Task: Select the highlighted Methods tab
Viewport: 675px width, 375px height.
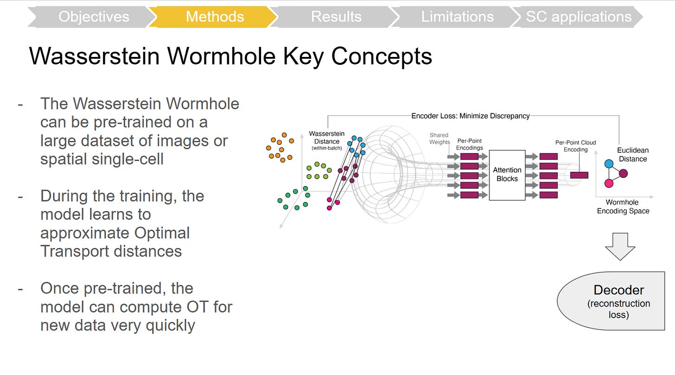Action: (215, 17)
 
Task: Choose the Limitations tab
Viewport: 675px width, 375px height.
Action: (457, 17)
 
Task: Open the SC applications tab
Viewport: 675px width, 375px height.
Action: (579, 17)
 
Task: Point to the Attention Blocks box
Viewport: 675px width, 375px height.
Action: (507, 175)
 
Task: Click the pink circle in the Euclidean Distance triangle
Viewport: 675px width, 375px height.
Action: (609, 183)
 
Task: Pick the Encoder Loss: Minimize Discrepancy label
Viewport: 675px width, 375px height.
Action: (470, 116)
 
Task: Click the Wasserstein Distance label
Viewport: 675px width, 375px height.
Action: (327, 138)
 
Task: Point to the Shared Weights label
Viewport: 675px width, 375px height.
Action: (439, 138)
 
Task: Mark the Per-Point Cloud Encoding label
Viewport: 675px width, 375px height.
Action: (575, 146)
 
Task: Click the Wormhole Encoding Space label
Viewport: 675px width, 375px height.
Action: (623, 206)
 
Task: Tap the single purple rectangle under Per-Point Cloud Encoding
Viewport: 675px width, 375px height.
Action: (579, 175)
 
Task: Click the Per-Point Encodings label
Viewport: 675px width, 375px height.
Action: (470, 144)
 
